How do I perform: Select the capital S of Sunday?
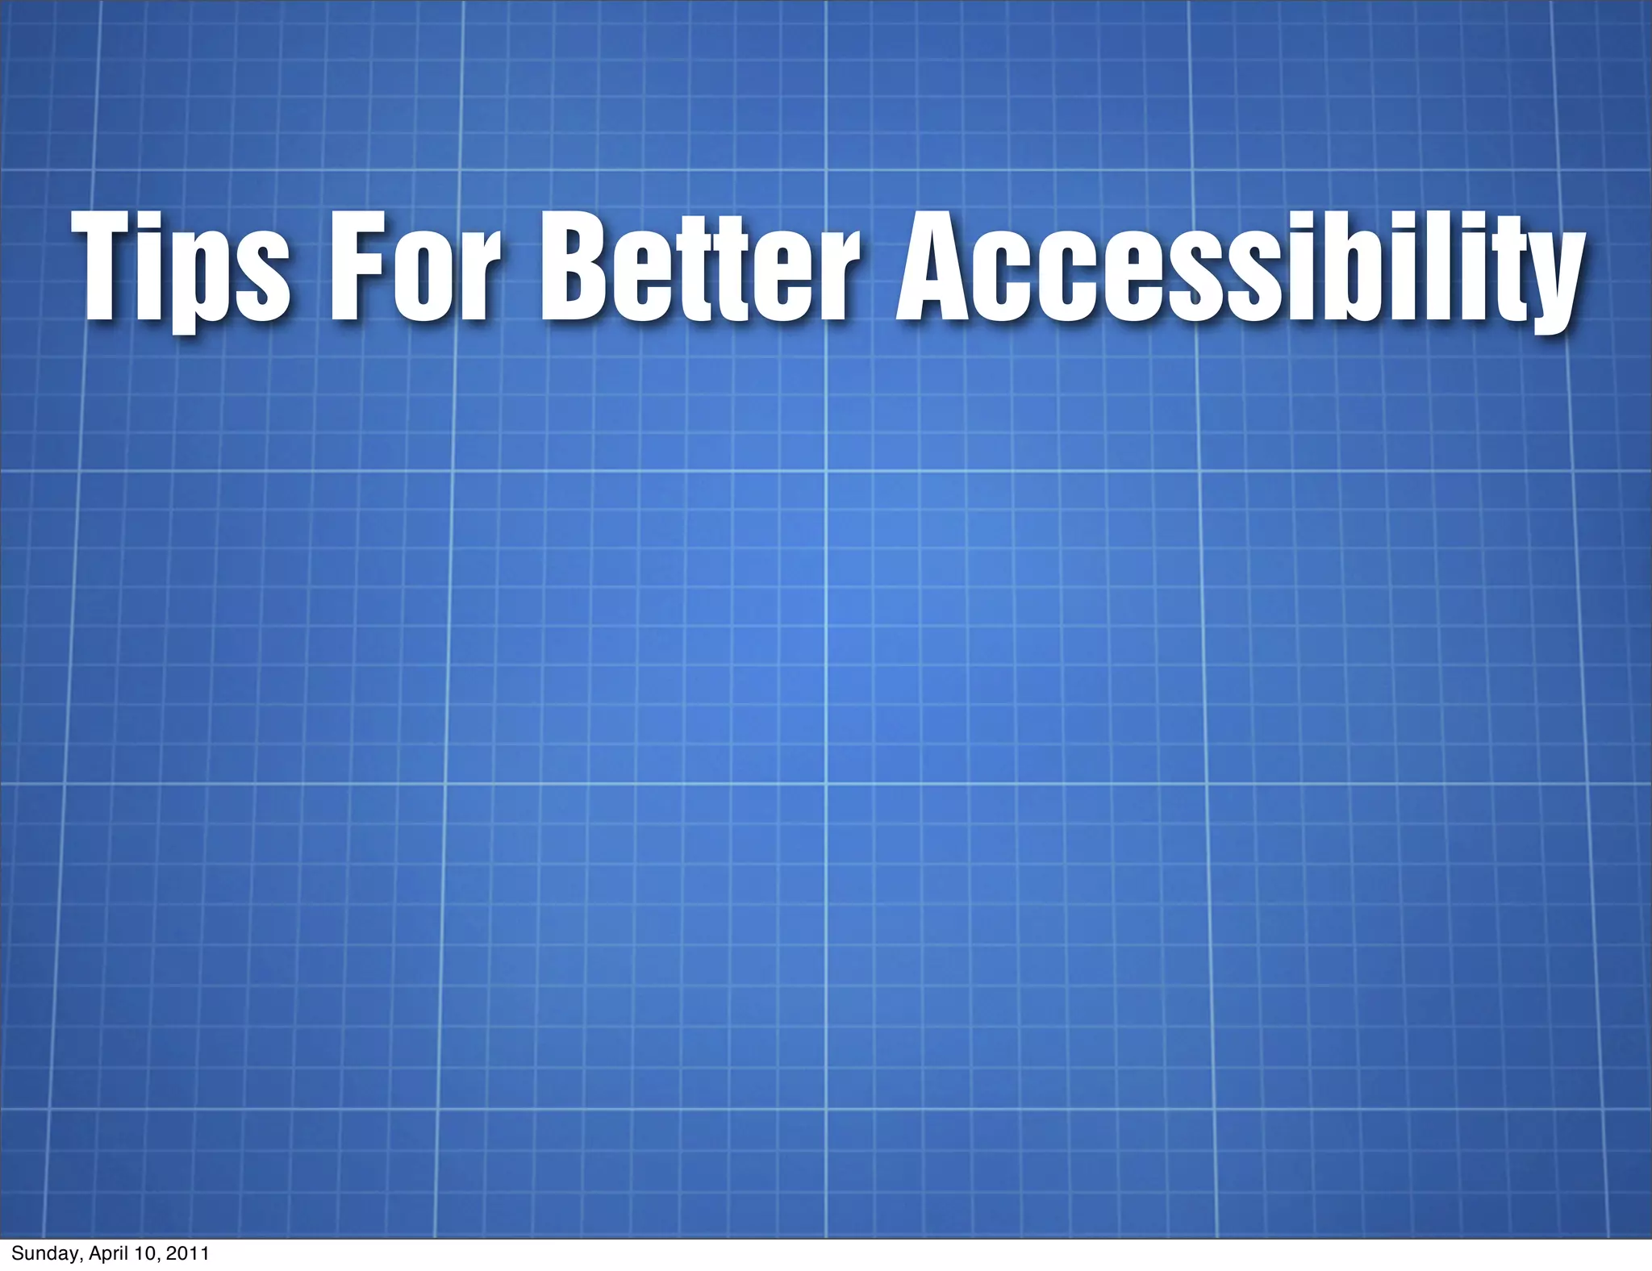click(x=16, y=1253)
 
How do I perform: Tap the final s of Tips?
click(x=261, y=278)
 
